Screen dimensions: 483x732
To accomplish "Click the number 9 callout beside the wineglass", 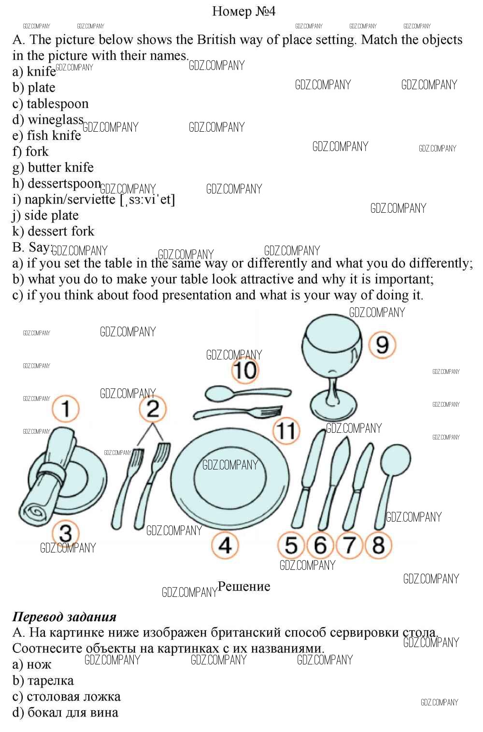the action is (x=382, y=345).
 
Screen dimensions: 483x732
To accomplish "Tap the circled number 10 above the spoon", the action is (x=245, y=370).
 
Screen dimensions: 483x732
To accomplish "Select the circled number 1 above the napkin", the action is (x=66, y=409).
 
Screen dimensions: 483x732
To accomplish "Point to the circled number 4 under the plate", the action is (x=225, y=545).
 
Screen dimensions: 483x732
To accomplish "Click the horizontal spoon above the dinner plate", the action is (x=248, y=393).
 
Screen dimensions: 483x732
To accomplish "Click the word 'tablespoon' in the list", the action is (x=57, y=104).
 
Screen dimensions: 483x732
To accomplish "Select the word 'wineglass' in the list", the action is (x=56, y=120).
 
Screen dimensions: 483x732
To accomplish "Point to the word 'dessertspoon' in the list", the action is (x=64, y=184).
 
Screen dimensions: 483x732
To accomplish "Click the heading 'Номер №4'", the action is (x=244, y=11).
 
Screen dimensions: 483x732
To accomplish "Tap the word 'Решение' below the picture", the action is (x=244, y=586).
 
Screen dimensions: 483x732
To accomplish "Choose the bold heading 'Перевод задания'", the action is (x=64, y=617).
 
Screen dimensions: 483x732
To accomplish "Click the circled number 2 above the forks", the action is (x=153, y=409).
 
